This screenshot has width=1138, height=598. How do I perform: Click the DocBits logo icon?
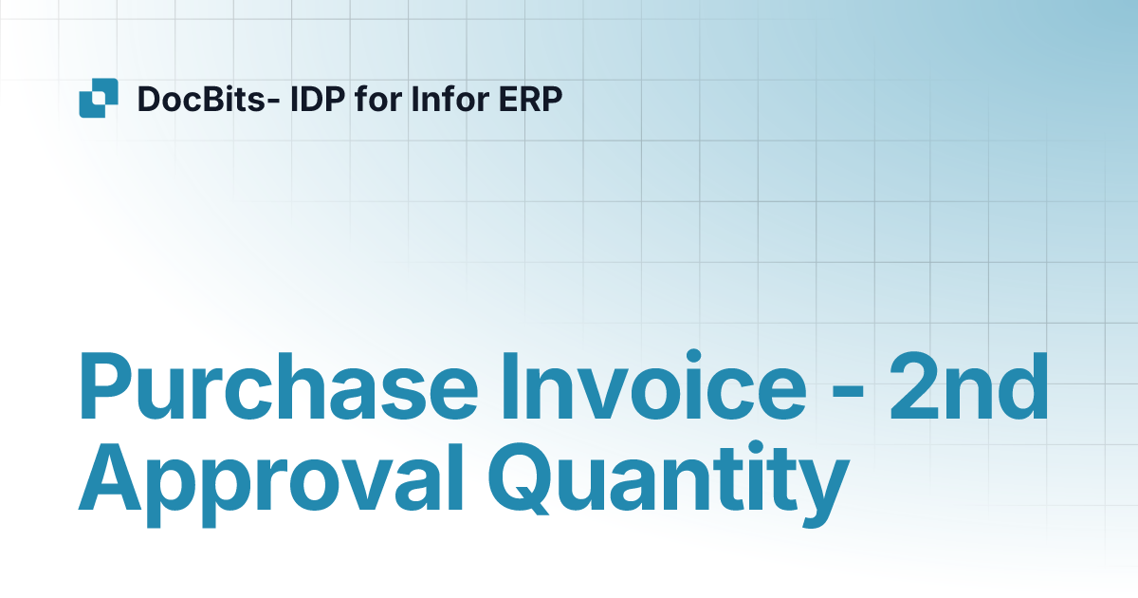tap(98, 98)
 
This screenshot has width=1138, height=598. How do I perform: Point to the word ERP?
tap(524, 99)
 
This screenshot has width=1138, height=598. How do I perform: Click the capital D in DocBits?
tap(148, 99)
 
